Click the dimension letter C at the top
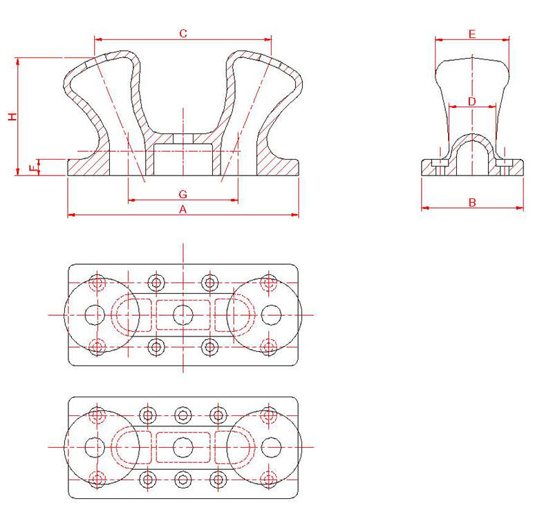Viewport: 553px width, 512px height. point(183,33)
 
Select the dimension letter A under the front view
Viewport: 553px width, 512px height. point(183,208)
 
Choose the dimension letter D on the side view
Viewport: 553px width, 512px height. point(472,102)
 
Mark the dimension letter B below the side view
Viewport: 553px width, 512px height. point(472,202)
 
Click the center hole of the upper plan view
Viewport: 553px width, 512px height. point(182,314)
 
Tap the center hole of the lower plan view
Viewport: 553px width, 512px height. point(182,446)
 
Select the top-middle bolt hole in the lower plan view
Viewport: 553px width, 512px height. point(182,415)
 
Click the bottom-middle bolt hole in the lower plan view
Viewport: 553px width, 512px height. point(182,478)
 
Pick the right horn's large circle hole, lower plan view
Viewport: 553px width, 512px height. point(271,446)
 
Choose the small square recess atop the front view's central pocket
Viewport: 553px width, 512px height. point(182,140)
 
